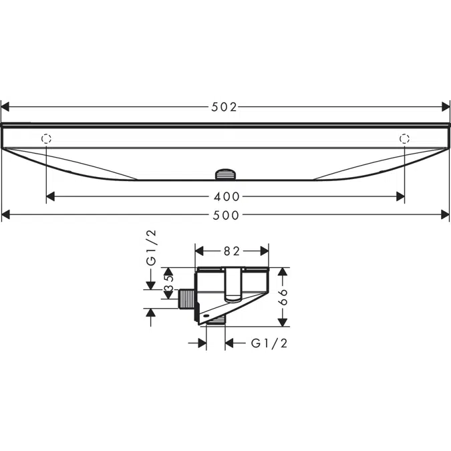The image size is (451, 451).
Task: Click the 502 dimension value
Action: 225,106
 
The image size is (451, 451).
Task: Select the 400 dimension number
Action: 226,196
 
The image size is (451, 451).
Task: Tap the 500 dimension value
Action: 225,214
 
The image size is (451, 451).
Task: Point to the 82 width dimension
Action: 231,251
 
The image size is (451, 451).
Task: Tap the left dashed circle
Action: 46,139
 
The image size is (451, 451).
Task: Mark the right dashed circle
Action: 404,139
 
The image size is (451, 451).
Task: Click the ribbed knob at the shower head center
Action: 225,175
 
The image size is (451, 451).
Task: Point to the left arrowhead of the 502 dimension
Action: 5,106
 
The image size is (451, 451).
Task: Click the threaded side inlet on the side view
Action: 187,299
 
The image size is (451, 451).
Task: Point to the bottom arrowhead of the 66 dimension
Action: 283,322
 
